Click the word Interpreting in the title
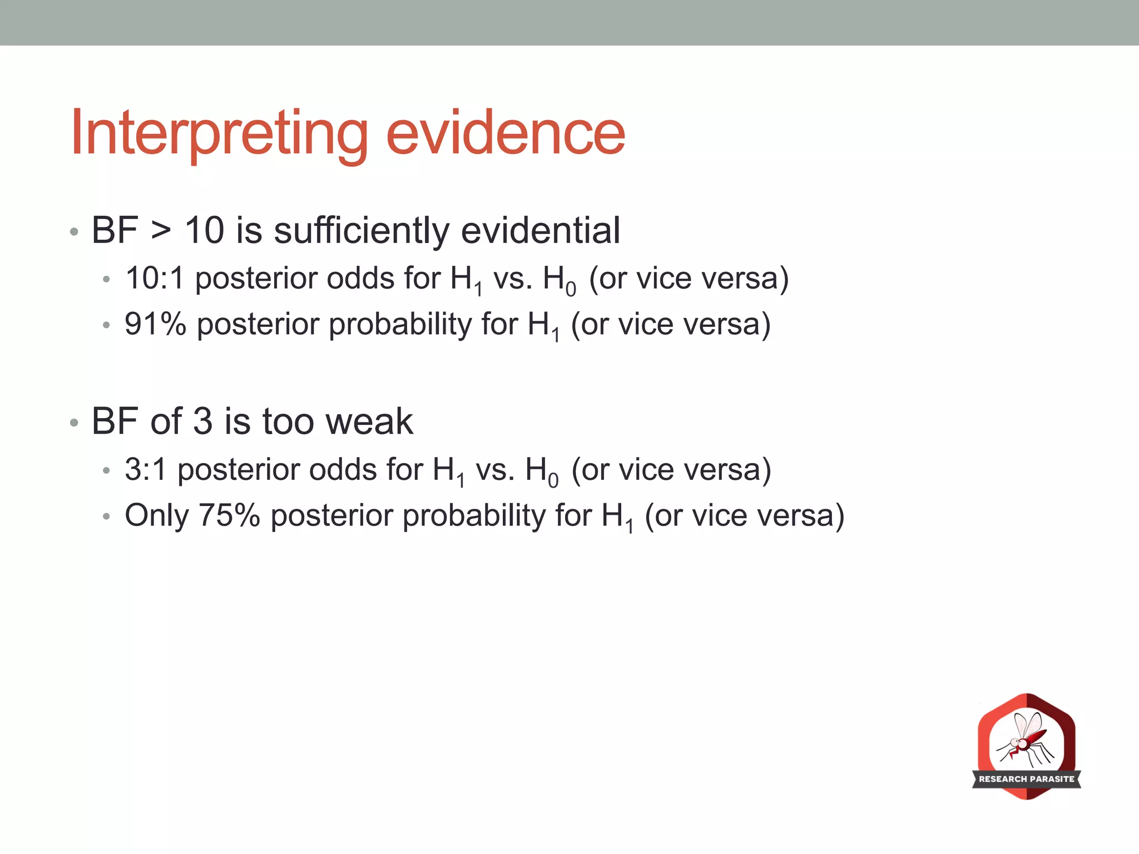click(219, 133)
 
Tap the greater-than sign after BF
click(161, 231)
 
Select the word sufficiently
click(361, 231)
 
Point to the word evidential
click(540, 231)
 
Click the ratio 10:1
click(154, 278)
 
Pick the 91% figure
click(155, 324)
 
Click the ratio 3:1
click(145, 469)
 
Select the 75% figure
click(229, 515)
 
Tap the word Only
click(156, 515)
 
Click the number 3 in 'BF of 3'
click(202, 421)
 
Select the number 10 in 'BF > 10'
click(204, 231)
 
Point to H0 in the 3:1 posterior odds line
click(541, 471)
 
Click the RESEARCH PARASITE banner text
click(1026, 779)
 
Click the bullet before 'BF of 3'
click(74, 423)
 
